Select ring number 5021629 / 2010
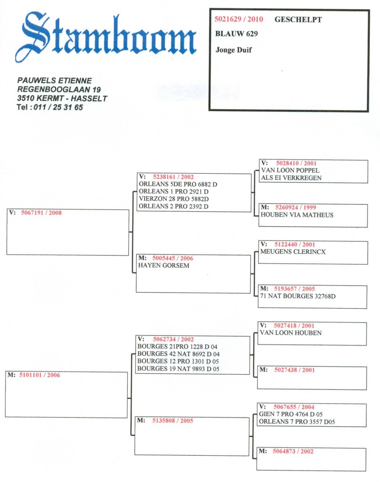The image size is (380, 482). (239, 19)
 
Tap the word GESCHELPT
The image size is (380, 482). (298, 20)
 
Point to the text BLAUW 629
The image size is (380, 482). (236, 34)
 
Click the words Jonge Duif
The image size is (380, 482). (234, 50)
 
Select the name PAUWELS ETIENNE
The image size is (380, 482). (55, 80)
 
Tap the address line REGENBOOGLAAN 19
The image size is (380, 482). (59, 89)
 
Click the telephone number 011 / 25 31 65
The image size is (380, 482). (58, 107)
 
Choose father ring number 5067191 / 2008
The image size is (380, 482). (41, 213)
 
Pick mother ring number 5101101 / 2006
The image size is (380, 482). (40, 375)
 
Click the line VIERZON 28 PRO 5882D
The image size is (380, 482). (174, 199)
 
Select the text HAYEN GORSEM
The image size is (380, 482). (163, 265)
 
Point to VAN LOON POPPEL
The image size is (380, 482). (290, 170)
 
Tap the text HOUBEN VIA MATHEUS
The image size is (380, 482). (297, 215)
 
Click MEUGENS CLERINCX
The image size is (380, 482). (293, 252)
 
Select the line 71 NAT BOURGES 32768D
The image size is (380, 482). (298, 296)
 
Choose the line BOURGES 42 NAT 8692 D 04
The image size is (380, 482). (178, 354)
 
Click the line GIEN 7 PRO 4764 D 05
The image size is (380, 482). (291, 414)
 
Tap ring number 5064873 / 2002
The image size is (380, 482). (293, 451)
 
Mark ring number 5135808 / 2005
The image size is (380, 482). (173, 420)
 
